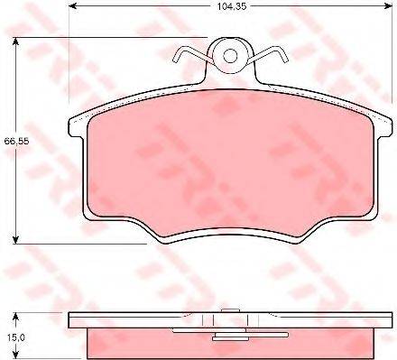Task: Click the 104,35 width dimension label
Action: pyautogui.click(x=232, y=6)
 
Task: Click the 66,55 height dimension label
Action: pyautogui.click(x=17, y=141)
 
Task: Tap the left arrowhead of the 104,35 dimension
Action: pyautogui.click(x=74, y=5)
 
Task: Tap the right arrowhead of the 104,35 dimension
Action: pyautogui.click(x=388, y=5)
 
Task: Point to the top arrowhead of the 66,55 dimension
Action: pyautogui.click(x=15, y=42)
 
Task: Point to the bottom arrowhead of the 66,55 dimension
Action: pyautogui.click(x=15, y=239)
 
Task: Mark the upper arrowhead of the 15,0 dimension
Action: pyautogui.click(x=15, y=318)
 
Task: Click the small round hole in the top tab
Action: pyautogui.click(x=230, y=56)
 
